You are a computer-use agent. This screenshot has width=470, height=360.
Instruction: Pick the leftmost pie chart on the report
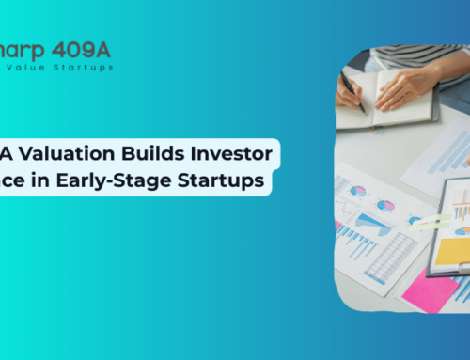[x=357, y=193]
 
